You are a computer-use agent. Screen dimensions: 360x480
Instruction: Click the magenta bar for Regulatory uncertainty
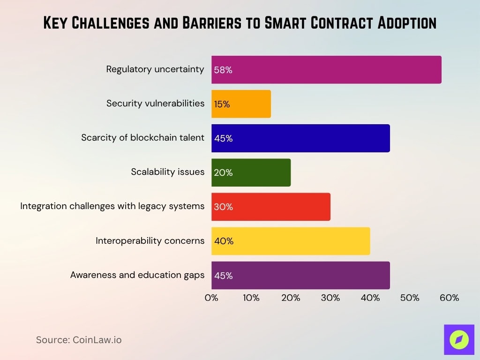[x=326, y=70]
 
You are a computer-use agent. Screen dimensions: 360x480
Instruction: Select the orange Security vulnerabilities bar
[x=241, y=104]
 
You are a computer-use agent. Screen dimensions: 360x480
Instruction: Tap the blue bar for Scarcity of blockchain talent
[x=300, y=138]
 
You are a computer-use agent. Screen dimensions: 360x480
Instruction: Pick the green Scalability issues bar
[x=251, y=172]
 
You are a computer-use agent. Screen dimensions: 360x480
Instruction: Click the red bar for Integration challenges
[x=271, y=207]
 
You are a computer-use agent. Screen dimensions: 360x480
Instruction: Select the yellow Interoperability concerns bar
[x=291, y=241]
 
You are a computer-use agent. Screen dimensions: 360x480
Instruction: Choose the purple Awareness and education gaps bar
[x=300, y=275]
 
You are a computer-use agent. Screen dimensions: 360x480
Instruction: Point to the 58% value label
[x=223, y=70]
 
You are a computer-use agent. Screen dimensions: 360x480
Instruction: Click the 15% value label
[x=222, y=105]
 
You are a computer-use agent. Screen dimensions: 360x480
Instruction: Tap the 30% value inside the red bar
[x=223, y=207]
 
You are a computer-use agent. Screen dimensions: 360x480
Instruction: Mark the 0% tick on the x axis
[x=211, y=298]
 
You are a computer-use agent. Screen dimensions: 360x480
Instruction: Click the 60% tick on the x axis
[x=449, y=298]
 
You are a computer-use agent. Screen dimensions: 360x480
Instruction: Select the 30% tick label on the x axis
[x=330, y=298]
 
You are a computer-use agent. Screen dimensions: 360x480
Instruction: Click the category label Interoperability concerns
[x=150, y=241]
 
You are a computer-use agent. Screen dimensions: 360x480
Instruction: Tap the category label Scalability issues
[x=167, y=172]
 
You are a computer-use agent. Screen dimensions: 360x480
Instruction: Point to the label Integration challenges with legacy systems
[x=112, y=206]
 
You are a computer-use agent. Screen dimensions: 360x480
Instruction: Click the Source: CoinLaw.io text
[x=79, y=340]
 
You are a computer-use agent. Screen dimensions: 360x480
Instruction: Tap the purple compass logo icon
[x=458, y=339]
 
